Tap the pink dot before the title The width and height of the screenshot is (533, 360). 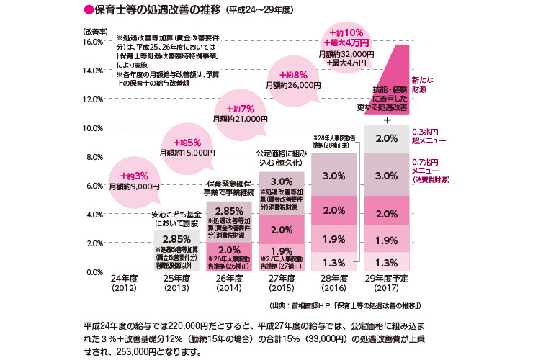point(90,12)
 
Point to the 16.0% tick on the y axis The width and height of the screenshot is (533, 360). point(93,42)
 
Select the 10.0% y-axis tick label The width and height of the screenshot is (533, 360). point(93,128)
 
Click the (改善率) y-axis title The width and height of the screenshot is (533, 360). point(95,32)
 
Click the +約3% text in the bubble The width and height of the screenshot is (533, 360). point(134,175)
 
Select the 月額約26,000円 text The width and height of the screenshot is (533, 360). point(292,85)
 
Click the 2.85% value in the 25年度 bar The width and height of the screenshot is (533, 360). point(176,239)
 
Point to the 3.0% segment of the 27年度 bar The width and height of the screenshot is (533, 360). point(282,181)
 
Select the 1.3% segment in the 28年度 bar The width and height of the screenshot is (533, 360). point(334,262)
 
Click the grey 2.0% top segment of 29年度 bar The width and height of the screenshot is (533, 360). point(388,138)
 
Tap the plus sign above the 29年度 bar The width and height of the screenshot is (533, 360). point(388,119)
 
